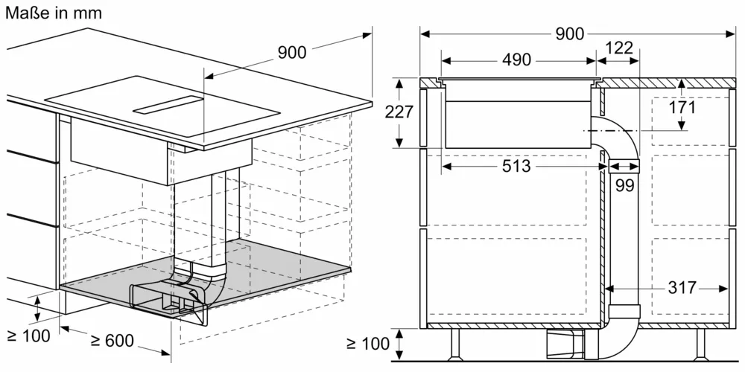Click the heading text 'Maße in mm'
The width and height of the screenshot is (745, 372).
52,13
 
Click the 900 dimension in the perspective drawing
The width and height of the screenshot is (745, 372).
292,52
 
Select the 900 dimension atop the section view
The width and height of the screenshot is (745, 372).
569,33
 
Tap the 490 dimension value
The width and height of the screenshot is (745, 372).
516,60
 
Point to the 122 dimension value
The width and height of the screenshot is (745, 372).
618,48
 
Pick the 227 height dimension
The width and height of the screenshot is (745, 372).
399,112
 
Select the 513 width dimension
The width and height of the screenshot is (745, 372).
516,166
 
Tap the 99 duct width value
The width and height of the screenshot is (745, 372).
624,185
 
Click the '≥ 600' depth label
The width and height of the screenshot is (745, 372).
112,341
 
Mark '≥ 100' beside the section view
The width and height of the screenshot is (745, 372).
368,343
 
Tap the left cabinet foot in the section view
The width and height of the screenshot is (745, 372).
454,344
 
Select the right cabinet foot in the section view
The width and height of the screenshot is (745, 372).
700,344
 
